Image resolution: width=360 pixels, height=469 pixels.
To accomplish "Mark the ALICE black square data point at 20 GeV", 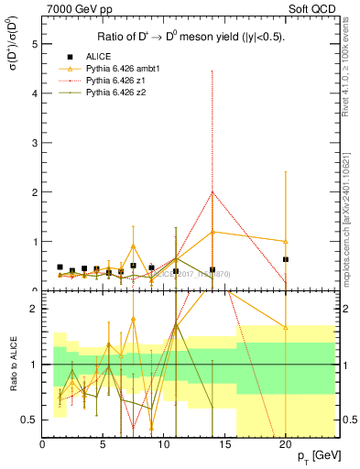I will click(x=286, y=259).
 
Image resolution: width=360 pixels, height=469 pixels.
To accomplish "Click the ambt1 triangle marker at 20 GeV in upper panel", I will click(x=286, y=241).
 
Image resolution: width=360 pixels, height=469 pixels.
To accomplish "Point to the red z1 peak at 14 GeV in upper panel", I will click(x=213, y=192).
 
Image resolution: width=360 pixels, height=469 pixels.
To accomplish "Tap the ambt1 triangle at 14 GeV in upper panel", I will click(x=213, y=232).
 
